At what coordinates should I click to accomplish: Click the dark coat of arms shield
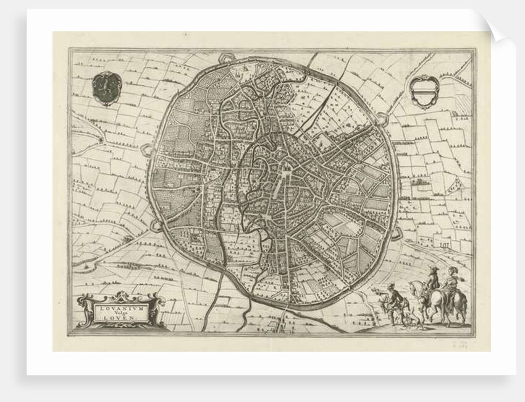106,87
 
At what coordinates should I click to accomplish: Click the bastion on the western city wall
146,150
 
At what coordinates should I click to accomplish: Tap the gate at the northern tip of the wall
227,58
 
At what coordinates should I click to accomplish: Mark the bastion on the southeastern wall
396,233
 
